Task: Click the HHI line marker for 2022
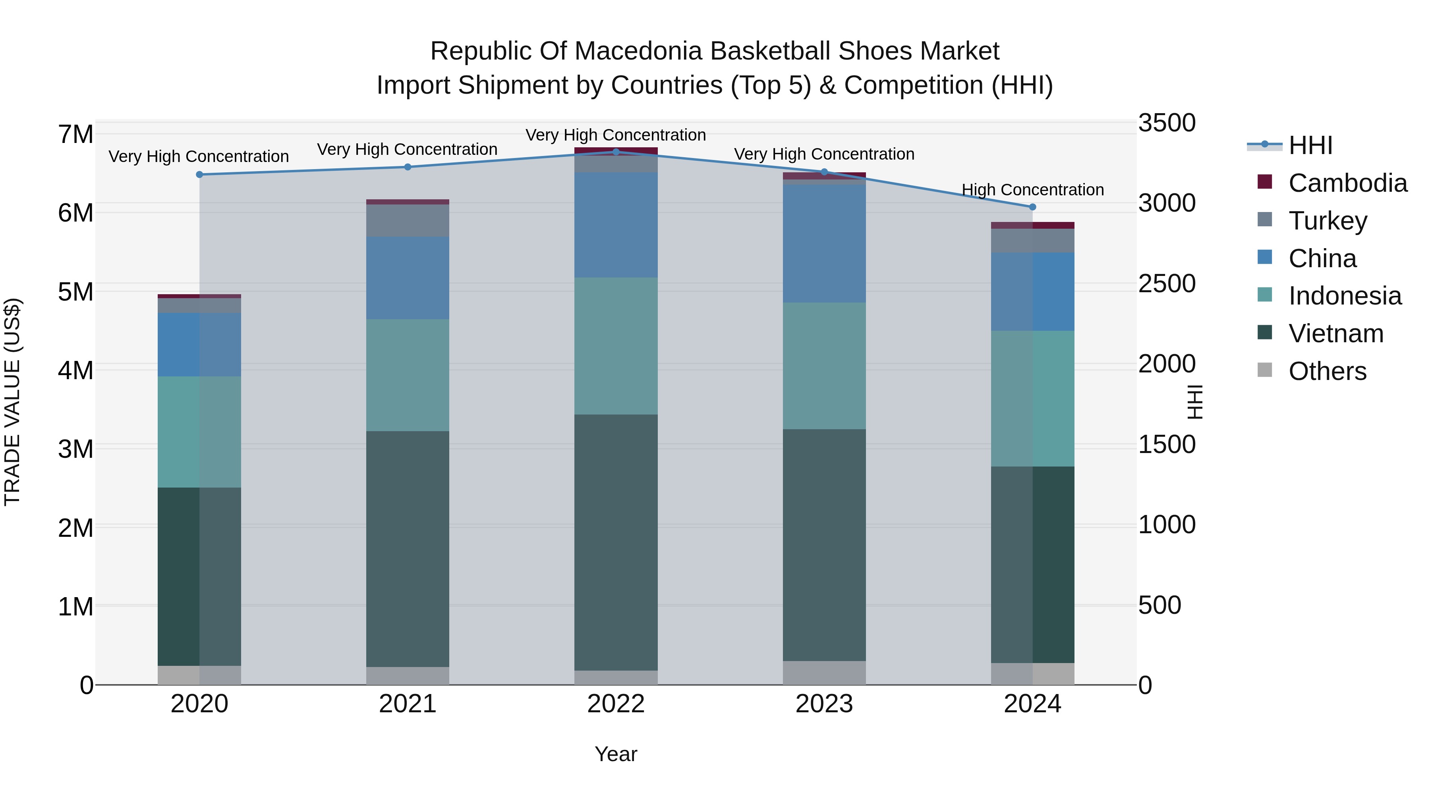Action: point(616,152)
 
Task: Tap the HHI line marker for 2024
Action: point(1032,207)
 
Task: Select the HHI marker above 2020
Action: point(200,174)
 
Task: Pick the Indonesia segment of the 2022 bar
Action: point(616,346)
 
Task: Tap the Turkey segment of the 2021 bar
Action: point(408,220)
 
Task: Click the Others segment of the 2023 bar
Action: point(824,673)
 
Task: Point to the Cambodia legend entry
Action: point(1347,183)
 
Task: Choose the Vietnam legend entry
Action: point(1335,334)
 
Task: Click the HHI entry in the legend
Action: point(1310,145)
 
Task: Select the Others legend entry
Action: point(1327,371)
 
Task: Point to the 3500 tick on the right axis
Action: point(1166,123)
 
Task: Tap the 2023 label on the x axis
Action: point(824,704)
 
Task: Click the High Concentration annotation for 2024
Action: point(1032,190)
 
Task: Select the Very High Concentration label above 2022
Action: point(616,135)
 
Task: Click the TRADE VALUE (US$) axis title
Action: point(12,402)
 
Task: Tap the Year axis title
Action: point(616,754)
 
